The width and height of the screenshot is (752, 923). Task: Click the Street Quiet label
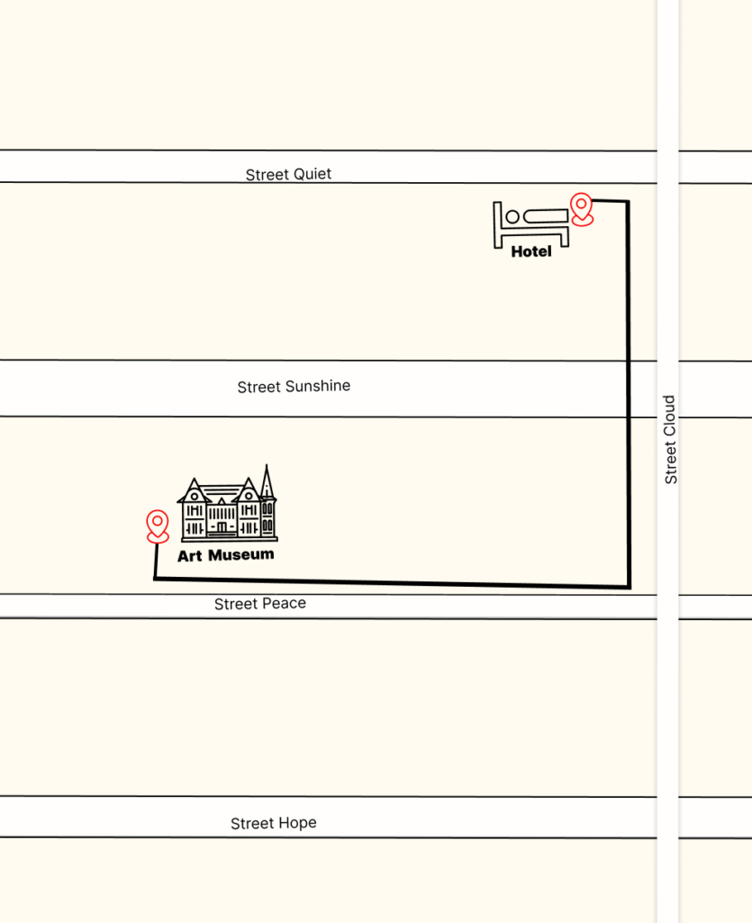coord(288,174)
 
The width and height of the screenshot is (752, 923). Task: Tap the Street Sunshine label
coord(294,387)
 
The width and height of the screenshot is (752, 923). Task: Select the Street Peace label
coord(259,604)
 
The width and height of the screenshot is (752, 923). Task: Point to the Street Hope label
coord(273,824)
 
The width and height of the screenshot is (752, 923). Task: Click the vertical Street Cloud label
coord(670,440)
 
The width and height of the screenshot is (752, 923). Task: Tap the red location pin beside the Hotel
coord(583,209)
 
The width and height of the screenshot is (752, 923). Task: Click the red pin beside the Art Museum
coord(158,525)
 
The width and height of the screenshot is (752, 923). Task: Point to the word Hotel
coord(531,252)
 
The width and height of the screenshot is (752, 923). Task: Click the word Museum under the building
coord(240,555)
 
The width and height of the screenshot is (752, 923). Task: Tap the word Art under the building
coord(189,556)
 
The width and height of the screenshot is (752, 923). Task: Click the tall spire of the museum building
coord(267,481)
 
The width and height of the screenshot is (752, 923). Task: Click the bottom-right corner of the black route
coord(628,587)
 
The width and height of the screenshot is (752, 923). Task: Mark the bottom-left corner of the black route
coord(155,579)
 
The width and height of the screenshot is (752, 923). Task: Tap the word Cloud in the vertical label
coord(670,415)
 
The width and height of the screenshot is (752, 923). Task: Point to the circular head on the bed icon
coord(512,216)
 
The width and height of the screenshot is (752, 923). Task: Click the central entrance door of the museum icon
coord(222,526)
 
